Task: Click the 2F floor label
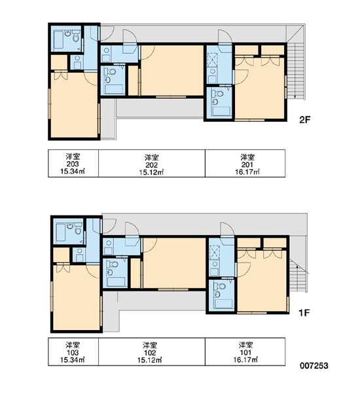(x=304, y=120)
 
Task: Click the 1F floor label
(x=304, y=313)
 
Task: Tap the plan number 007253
(x=314, y=365)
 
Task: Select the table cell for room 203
(x=73, y=163)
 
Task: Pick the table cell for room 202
(x=152, y=163)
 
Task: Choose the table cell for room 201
(x=245, y=163)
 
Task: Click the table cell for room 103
(x=73, y=352)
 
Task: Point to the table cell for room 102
(x=152, y=352)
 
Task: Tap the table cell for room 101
(x=245, y=352)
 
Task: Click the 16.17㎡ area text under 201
(x=247, y=172)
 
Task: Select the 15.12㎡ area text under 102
(x=150, y=360)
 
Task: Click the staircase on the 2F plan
(x=296, y=71)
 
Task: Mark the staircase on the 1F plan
(x=298, y=276)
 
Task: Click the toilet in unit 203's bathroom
(x=76, y=37)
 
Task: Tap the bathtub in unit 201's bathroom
(x=221, y=111)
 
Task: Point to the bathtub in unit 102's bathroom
(x=116, y=282)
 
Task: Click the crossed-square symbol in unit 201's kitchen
(x=213, y=60)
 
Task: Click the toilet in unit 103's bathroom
(x=78, y=229)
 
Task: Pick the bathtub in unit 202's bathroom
(x=114, y=89)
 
